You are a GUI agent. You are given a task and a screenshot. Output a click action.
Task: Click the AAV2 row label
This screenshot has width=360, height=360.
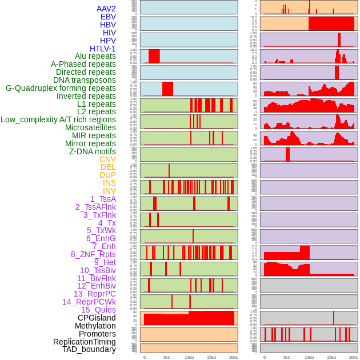[x=106, y=9]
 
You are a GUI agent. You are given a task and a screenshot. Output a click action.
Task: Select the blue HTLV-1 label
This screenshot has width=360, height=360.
[x=103, y=49]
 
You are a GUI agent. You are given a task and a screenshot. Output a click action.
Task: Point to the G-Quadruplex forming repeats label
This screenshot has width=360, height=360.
[x=61, y=88]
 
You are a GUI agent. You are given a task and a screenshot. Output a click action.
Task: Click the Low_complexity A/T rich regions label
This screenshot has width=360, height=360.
[x=58, y=119]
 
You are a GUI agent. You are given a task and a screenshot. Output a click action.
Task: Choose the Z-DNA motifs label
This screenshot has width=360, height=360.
[x=93, y=151]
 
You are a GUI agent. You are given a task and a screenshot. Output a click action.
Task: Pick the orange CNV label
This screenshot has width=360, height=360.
[x=107, y=159]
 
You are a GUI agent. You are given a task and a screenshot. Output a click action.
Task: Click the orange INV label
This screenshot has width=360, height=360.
[x=109, y=191]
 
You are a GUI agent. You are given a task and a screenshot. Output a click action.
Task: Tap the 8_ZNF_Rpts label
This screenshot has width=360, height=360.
[x=93, y=254]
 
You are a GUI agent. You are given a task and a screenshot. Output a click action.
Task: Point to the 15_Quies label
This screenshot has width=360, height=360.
[x=98, y=310]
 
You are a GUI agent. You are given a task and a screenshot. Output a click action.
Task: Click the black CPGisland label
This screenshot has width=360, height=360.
[x=97, y=318]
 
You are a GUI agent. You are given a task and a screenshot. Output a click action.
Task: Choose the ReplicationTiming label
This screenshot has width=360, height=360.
[x=85, y=342]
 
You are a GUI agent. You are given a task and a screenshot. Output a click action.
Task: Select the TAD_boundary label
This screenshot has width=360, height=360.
[x=89, y=349]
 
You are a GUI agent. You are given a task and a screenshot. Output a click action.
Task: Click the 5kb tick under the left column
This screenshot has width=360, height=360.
[x=167, y=357]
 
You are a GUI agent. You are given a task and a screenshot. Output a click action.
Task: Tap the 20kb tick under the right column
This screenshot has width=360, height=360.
[x=354, y=357]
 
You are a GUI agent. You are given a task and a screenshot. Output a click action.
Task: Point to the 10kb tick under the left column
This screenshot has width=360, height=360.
[x=189, y=357]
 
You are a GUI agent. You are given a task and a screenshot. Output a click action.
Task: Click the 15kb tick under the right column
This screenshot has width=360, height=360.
[x=331, y=357]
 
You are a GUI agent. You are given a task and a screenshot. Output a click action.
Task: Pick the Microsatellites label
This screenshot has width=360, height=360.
[x=90, y=127]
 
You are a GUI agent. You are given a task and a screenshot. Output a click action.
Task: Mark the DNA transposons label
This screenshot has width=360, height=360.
[x=85, y=80]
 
